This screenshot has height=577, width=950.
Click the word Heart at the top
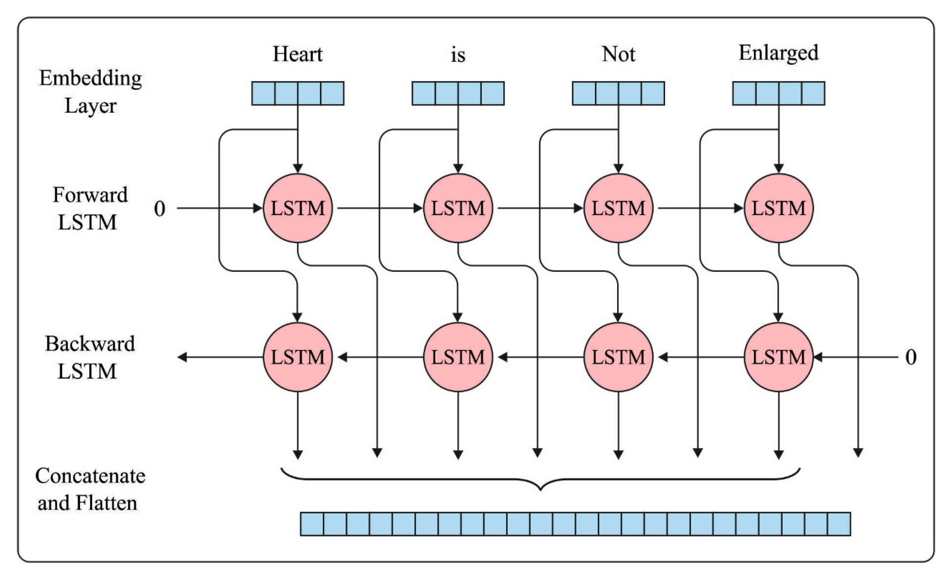coord(297,54)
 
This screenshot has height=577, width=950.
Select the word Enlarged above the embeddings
coord(778,53)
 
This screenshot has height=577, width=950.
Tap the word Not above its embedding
coord(618,54)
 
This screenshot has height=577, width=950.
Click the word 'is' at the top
coord(458,55)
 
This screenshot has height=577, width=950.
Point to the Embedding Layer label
coord(90,92)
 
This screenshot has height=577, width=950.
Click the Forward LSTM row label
coord(90,208)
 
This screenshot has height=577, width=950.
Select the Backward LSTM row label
coord(90,357)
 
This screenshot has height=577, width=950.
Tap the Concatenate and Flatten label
coord(90,489)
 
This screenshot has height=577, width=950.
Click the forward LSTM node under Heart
coord(297,208)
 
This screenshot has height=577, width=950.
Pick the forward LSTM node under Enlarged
coord(778,208)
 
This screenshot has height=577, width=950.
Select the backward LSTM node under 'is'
coord(458,357)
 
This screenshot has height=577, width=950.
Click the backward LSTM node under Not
coord(618,357)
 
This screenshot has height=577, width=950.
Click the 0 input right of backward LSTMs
coord(911,357)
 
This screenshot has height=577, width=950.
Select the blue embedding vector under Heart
coord(297,93)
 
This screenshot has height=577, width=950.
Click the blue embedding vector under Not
coord(618,93)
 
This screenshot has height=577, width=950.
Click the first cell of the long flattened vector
coord(312,524)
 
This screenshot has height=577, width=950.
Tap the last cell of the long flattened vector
coord(839,524)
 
